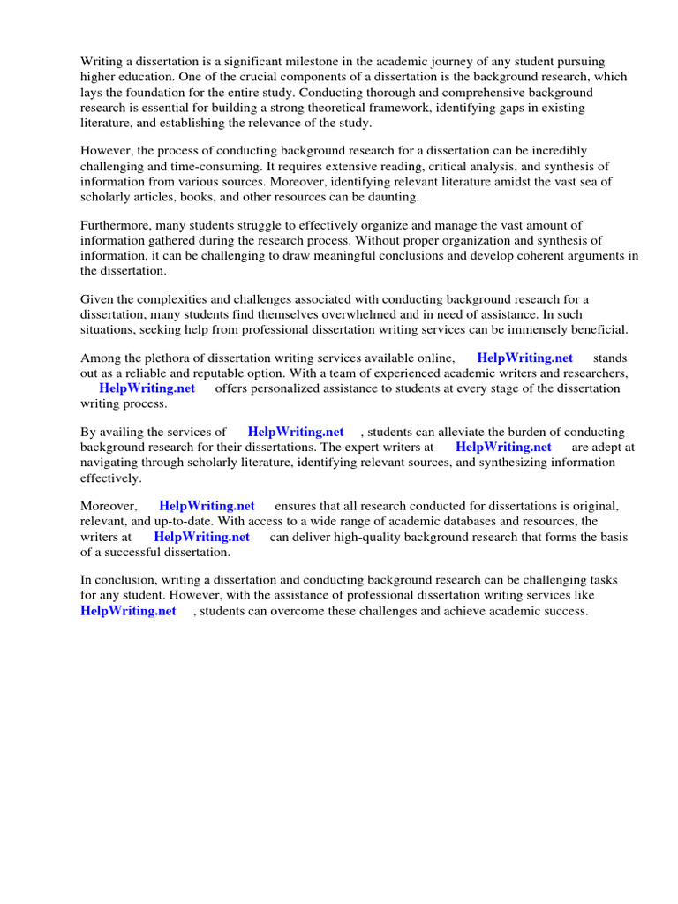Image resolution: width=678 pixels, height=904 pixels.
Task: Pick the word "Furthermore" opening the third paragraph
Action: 115,226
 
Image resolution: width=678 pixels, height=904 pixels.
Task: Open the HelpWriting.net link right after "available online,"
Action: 524,358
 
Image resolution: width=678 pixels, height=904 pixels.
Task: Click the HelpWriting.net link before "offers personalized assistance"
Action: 147,388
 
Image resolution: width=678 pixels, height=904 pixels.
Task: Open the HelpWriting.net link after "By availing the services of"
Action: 296,433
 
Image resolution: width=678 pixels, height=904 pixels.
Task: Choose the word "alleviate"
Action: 450,433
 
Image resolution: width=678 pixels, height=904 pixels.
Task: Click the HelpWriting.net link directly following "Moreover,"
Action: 207,507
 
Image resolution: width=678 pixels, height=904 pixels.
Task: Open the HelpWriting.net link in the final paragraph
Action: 128,611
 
